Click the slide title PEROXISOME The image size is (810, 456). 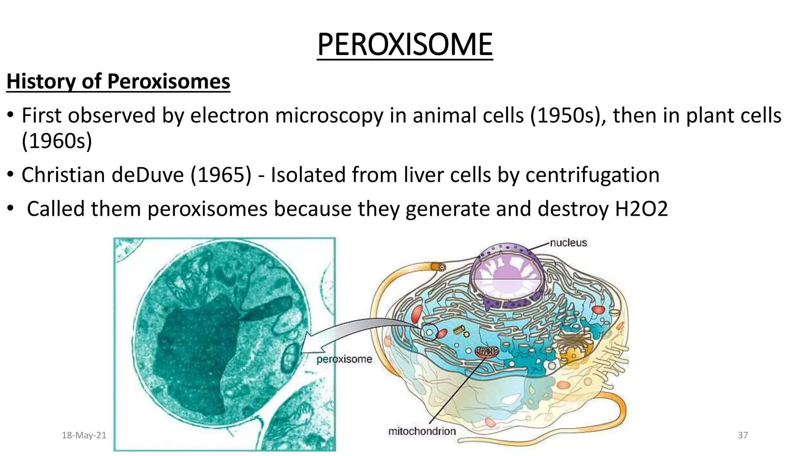pyautogui.click(x=405, y=44)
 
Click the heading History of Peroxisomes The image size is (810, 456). pyautogui.click(x=118, y=82)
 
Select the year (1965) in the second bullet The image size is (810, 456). pyautogui.click(x=221, y=175)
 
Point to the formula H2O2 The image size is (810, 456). pyautogui.click(x=641, y=209)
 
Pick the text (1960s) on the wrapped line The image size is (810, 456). pyautogui.click(x=57, y=141)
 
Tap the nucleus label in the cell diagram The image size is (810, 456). pyautogui.click(x=568, y=243)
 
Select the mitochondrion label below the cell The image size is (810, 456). pyautogui.click(x=422, y=431)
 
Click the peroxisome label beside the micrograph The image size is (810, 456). pyautogui.click(x=344, y=359)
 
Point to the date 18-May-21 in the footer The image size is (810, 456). pyautogui.click(x=84, y=435)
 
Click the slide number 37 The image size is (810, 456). pyautogui.click(x=743, y=435)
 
